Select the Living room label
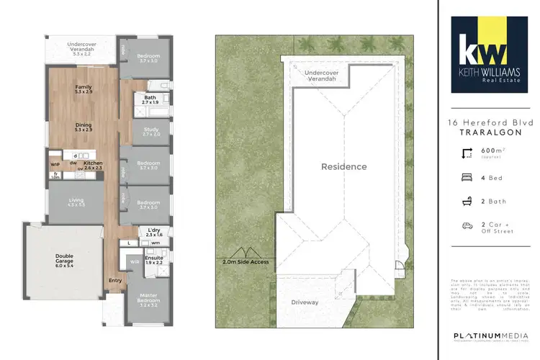76,203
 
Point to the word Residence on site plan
343,167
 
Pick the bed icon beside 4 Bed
467,177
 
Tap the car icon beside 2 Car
467,226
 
